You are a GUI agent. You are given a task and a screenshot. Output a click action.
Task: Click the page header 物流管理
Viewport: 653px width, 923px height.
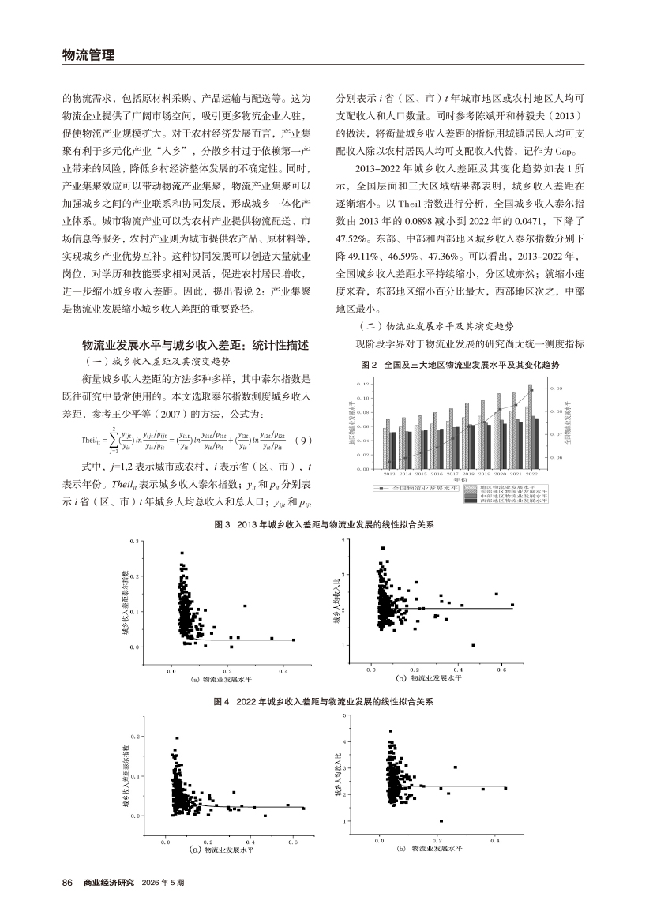[x=88, y=54]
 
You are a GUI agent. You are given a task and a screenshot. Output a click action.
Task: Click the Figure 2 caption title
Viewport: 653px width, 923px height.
[x=460, y=366]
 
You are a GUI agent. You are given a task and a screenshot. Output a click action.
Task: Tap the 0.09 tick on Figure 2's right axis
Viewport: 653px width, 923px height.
[x=556, y=388]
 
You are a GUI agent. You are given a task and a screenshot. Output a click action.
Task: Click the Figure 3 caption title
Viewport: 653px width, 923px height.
[x=326, y=524]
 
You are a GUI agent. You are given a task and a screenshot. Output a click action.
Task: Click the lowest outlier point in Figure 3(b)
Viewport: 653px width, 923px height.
[x=473, y=645]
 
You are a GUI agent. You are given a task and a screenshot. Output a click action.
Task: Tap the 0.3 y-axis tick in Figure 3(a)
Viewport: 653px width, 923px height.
[x=135, y=542]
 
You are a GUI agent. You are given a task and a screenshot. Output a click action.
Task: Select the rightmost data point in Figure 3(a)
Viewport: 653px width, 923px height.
[x=293, y=640]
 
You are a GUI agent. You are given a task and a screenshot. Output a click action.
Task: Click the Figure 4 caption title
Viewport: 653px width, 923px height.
[x=326, y=700]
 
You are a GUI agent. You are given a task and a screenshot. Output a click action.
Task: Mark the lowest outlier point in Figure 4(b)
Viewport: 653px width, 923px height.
[x=441, y=820]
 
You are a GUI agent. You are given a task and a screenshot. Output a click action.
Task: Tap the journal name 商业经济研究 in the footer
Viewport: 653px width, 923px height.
[x=109, y=882]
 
